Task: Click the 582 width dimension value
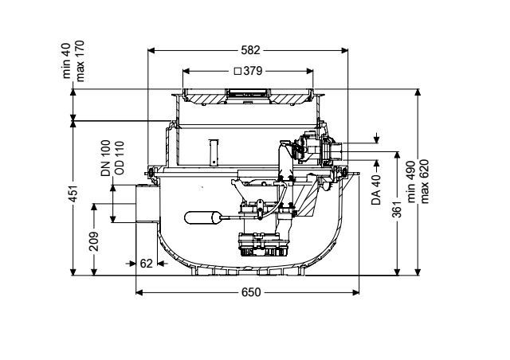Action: [250, 50]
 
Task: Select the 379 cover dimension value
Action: [253, 71]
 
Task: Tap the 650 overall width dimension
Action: [251, 292]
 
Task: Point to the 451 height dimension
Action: [74, 194]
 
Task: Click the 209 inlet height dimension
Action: [94, 241]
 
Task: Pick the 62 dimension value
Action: [146, 263]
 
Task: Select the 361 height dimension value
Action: [398, 209]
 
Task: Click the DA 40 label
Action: [375, 190]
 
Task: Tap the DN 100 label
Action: [106, 158]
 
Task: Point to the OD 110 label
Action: [120, 158]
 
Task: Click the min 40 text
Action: [66, 61]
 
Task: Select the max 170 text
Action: [80, 61]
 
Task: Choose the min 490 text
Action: [411, 182]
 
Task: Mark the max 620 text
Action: [424, 182]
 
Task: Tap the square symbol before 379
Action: [237, 71]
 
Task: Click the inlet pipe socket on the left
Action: [147, 204]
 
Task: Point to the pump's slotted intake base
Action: [264, 252]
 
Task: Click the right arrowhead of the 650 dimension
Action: [355, 292]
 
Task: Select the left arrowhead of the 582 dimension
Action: [151, 50]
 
